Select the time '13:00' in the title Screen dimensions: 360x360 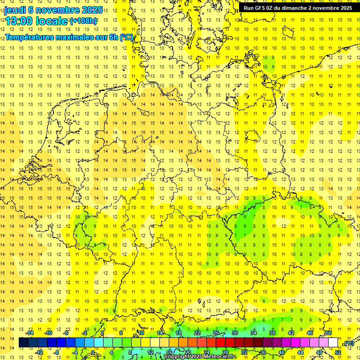(19, 21)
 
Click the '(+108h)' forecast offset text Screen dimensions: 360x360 (83, 21)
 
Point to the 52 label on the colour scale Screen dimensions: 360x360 (338, 352)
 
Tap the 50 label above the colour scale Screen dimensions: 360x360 (329, 333)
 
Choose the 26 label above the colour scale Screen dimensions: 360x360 (216, 333)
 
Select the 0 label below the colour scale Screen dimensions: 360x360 (93, 352)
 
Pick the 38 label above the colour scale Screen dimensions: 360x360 (272, 333)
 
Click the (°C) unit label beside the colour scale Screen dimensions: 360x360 (348, 343)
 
